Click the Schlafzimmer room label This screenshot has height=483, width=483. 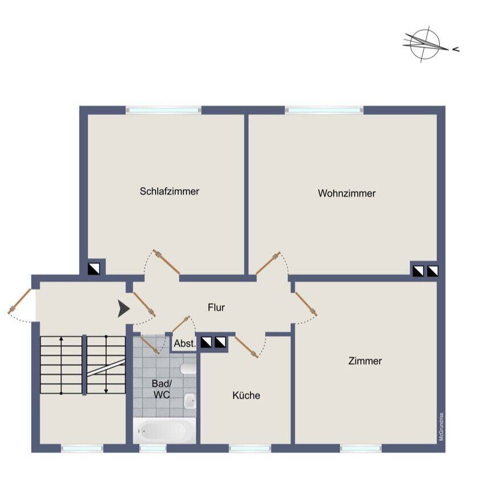(169, 191)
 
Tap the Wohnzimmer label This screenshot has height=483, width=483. (346, 194)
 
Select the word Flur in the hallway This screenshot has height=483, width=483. (216, 308)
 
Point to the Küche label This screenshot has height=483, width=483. (246, 395)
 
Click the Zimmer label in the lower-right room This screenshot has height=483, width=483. (365, 361)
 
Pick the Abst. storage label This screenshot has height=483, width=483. (185, 343)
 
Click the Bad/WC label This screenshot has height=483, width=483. (162, 389)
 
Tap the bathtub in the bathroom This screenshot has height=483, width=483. (164, 431)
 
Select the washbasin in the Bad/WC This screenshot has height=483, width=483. (190, 401)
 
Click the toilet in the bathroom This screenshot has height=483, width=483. (188, 369)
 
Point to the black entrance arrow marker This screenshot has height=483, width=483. (124, 309)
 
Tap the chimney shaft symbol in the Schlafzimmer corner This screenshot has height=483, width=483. (93, 269)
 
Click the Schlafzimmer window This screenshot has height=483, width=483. (163, 110)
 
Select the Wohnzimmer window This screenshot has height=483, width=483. (324, 110)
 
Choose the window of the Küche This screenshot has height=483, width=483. (250, 448)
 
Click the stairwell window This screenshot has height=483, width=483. (82, 448)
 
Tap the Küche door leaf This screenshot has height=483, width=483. (247, 347)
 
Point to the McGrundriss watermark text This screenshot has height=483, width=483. (441, 427)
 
